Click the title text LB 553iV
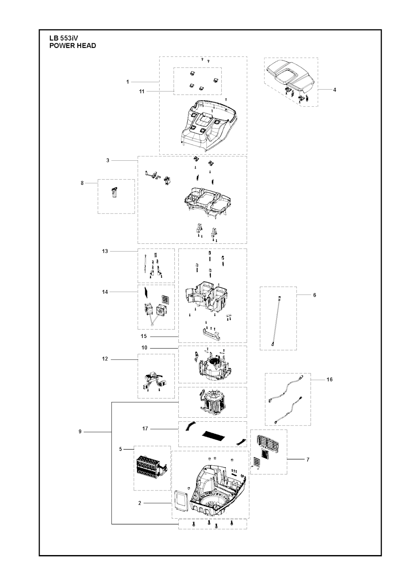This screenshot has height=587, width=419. (64, 38)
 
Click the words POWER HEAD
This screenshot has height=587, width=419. (73, 45)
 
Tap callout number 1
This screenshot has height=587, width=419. (127, 82)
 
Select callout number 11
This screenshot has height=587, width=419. (142, 92)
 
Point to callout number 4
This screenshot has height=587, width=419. (334, 90)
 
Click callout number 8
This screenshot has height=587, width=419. (82, 183)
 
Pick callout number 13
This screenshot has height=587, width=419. (105, 251)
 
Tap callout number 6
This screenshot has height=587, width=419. (314, 295)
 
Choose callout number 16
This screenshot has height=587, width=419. (329, 379)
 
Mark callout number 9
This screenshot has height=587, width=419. (80, 431)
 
